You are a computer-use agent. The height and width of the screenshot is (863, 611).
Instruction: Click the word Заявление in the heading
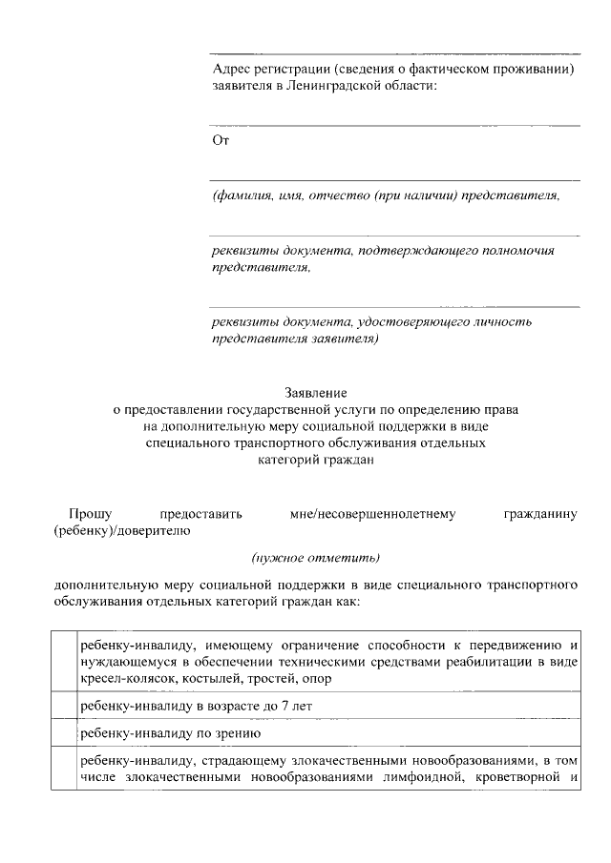pyautogui.click(x=316, y=392)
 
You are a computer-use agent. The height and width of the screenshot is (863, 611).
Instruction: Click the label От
pyautogui.click(x=219, y=140)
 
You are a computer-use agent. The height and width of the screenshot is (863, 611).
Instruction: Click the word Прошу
pyautogui.click(x=87, y=515)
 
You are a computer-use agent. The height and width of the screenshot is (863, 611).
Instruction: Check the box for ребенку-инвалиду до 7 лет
pyautogui.click(x=63, y=706)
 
